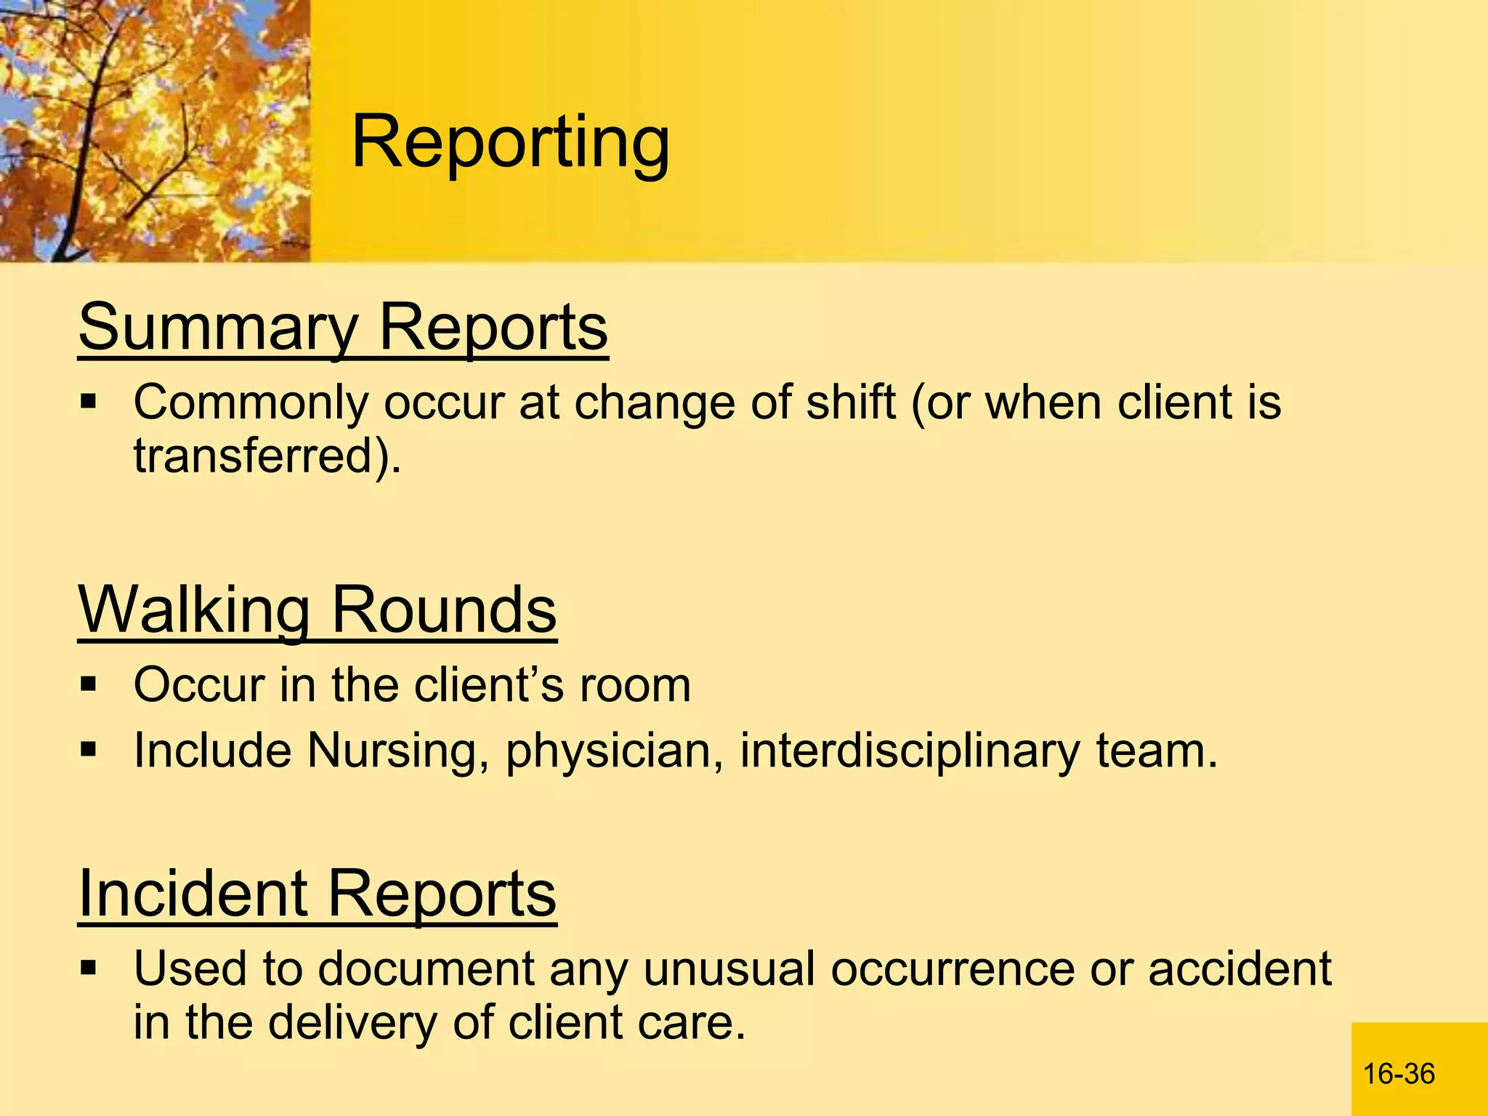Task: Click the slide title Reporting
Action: [x=510, y=143]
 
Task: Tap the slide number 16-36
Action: [x=1399, y=1074]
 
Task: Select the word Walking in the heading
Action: [x=195, y=610]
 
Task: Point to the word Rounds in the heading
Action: [x=443, y=610]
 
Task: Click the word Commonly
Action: [x=251, y=403]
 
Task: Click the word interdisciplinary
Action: [x=910, y=751]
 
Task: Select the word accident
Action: [x=1240, y=969]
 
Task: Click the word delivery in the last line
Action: [x=352, y=1022]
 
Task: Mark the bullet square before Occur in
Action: [x=89, y=684]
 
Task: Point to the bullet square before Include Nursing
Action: [x=89, y=749]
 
